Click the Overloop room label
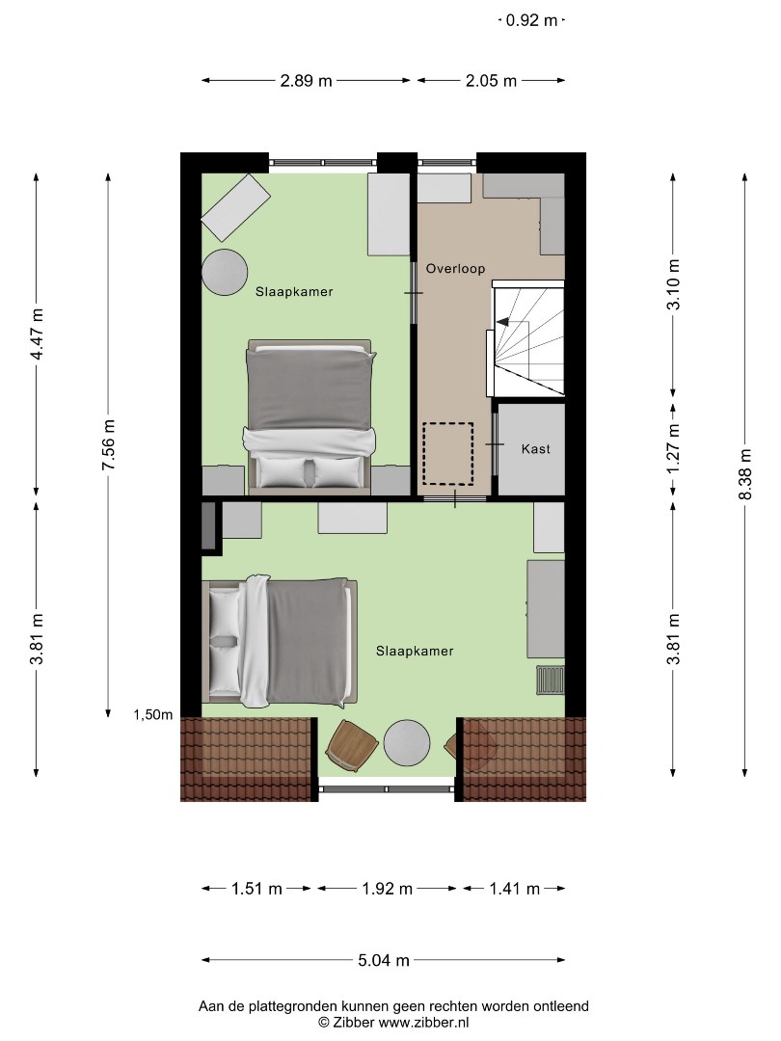click(x=455, y=269)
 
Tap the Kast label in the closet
click(x=535, y=449)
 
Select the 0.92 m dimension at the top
click(x=531, y=20)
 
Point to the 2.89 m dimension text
click(x=306, y=81)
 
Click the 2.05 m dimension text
click(x=491, y=81)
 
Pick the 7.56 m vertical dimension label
click(x=109, y=444)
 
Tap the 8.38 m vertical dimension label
click(x=745, y=474)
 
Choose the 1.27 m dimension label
click(x=674, y=449)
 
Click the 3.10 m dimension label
click(x=674, y=284)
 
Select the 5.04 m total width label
click(x=384, y=960)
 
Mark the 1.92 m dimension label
click(x=388, y=889)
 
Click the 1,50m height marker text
click(x=152, y=715)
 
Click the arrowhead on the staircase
click(x=502, y=322)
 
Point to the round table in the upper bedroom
click(x=225, y=272)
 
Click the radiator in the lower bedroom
click(x=551, y=680)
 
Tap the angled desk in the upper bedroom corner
click(x=236, y=207)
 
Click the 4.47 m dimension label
click(x=37, y=334)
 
